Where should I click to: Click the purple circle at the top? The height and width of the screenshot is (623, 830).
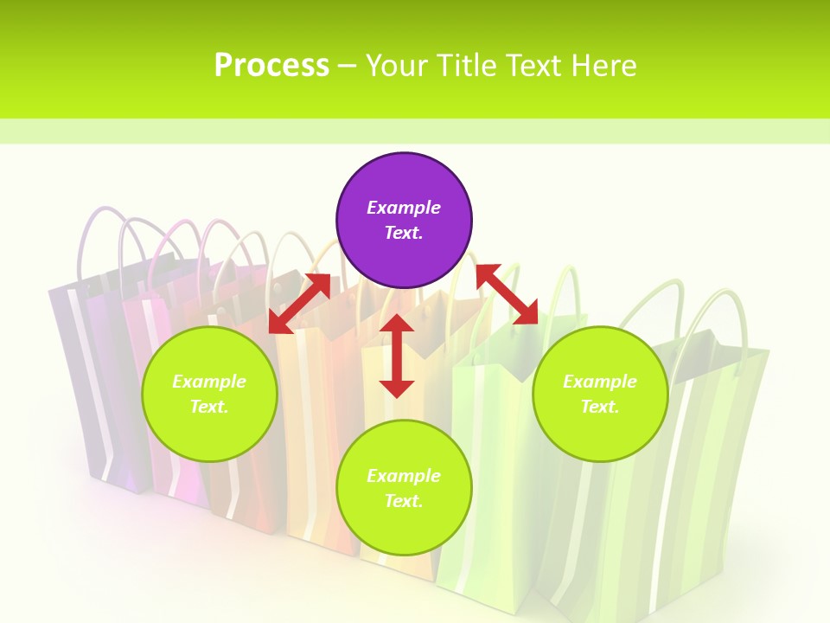coord(404,221)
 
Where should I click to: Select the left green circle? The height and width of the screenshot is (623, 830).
coord(209,394)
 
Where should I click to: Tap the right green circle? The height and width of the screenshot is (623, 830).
coord(600,394)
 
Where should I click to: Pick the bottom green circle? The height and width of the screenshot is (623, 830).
coord(404,488)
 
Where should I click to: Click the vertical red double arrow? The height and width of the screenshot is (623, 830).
coord(397,356)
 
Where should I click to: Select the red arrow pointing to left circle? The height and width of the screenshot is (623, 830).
coord(299,304)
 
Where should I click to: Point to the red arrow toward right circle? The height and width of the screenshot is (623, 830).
coord(507,294)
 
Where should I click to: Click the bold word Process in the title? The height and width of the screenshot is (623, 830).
coord(271,66)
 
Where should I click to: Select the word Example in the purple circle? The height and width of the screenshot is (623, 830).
coord(404,208)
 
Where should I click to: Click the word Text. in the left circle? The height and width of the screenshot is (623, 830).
coord(209,407)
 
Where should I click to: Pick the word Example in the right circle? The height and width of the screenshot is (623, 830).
coord(600,382)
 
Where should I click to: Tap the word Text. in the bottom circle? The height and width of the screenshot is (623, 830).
coord(404,501)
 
